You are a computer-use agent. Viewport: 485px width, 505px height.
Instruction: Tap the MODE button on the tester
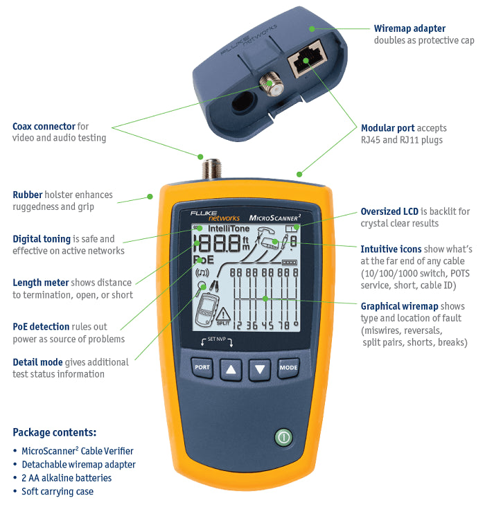pyautogui.click(x=288, y=369)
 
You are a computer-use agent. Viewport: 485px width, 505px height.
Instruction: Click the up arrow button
pyautogui.click(x=231, y=370)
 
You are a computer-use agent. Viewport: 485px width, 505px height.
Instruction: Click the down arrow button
pyautogui.click(x=260, y=370)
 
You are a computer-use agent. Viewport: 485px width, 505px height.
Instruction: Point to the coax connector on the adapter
pyautogui.click(x=267, y=85)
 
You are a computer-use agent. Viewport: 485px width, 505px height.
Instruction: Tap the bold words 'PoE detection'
pyautogui.click(x=41, y=326)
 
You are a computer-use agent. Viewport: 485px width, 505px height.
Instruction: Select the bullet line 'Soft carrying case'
pyautogui.click(x=58, y=491)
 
